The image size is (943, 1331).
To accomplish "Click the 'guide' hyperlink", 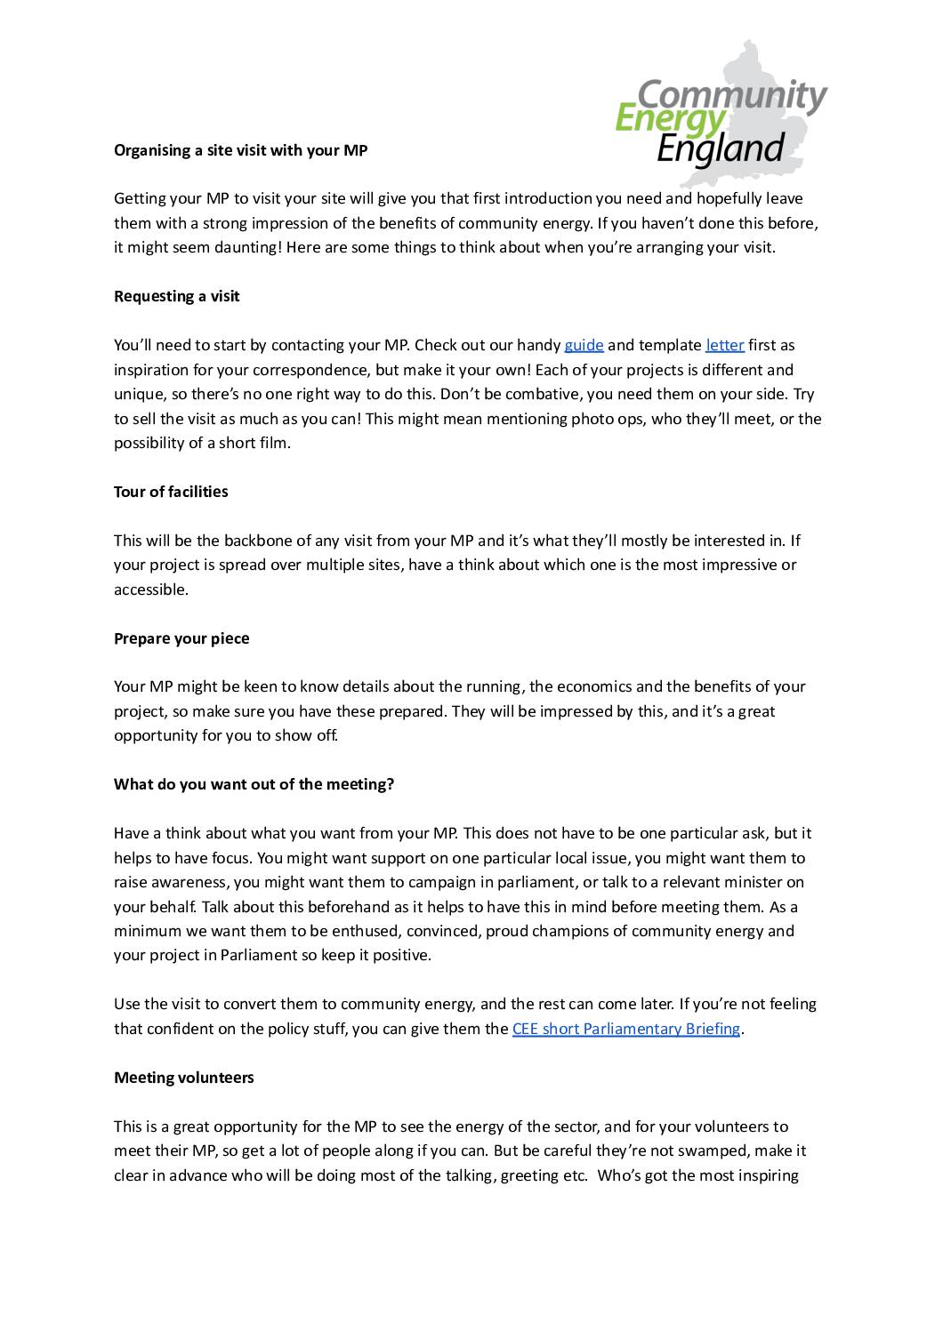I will (x=584, y=345).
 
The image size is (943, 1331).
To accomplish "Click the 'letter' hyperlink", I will (x=725, y=345).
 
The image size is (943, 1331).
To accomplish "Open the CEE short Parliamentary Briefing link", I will (x=626, y=1029).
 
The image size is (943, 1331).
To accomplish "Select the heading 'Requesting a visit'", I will (x=176, y=296).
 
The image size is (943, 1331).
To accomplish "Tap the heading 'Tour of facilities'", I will (x=171, y=492).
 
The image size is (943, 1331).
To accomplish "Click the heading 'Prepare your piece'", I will (x=181, y=638).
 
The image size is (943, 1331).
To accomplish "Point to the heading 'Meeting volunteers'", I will (x=183, y=1078).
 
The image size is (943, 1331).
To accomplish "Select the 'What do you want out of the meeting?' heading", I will (x=254, y=784).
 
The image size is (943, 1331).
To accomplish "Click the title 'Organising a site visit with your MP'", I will (x=240, y=150).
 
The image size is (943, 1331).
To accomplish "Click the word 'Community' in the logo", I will (x=732, y=95).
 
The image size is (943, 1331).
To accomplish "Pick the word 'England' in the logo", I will (x=721, y=148).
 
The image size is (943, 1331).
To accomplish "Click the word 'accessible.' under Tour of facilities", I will (x=151, y=589).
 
